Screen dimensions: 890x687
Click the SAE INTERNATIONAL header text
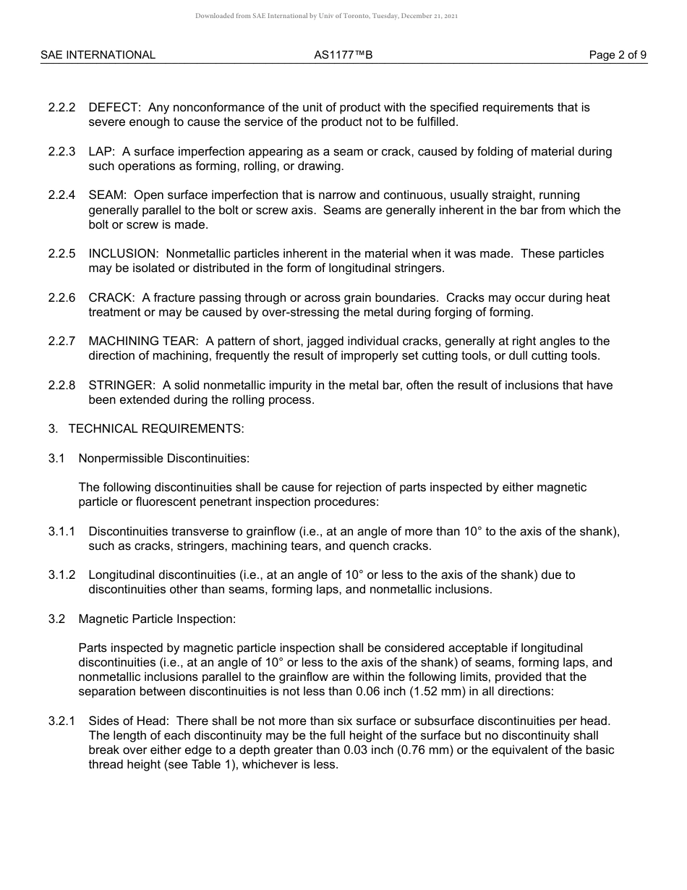98,55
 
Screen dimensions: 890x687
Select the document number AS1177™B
343,55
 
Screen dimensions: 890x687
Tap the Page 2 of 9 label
618,55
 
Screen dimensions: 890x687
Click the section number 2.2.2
61,108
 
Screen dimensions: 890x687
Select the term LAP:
102,152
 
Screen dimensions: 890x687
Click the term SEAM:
108,195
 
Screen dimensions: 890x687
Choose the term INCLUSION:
124,254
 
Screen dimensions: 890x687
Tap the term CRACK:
112,298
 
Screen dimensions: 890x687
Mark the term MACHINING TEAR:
144,342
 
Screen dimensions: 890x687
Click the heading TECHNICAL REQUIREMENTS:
156,429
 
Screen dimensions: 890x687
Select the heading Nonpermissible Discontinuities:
163,459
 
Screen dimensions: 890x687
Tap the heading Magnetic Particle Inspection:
157,619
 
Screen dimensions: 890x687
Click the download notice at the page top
326,16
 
